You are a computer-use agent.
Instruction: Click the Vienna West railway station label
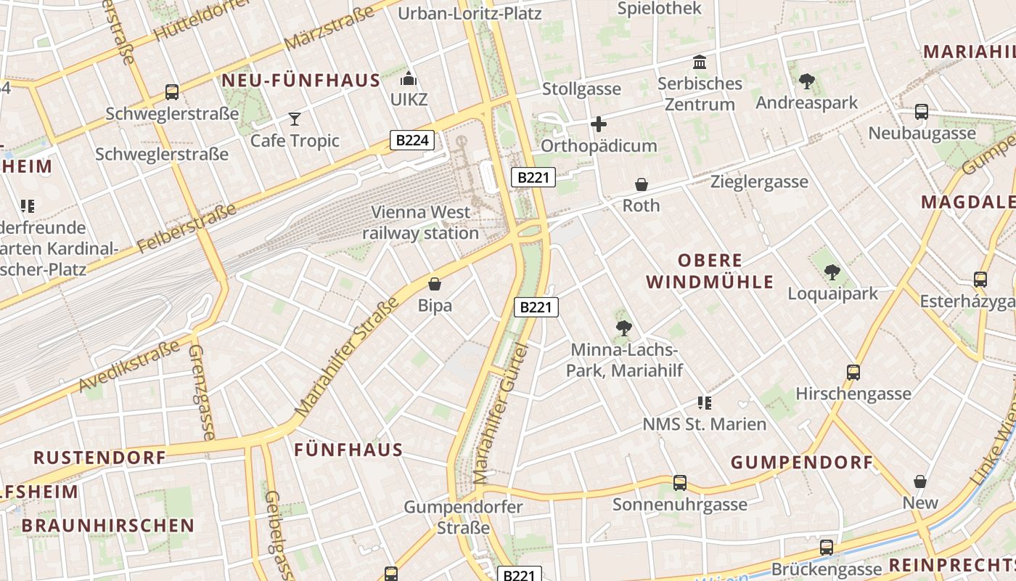pyautogui.click(x=421, y=223)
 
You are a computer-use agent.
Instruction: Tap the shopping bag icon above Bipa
pyautogui.click(x=435, y=284)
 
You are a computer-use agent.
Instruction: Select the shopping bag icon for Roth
pyautogui.click(x=642, y=184)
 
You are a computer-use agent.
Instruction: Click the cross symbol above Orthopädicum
pyautogui.click(x=599, y=124)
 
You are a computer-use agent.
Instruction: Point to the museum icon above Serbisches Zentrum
pyautogui.click(x=700, y=62)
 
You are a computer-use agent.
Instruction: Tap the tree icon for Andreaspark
pyautogui.click(x=806, y=81)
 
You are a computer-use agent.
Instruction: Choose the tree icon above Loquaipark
pyautogui.click(x=832, y=272)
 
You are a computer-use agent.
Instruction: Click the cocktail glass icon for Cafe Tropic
pyautogui.click(x=295, y=118)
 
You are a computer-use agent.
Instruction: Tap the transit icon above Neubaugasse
pyautogui.click(x=922, y=112)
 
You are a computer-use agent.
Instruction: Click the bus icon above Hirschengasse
pyautogui.click(x=853, y=373)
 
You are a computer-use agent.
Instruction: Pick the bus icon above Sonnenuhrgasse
pyautogui.click(x=680, y=483)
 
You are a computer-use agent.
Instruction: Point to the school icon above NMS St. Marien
pyautogui.click(x=704, y=402)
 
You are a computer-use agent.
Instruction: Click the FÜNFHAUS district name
pyautogui.click(x=348, y=450)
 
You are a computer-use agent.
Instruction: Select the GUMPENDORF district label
pyautogui.click(x=801, y=463)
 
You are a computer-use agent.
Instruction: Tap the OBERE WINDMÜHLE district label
pyautogui.click(x=710, y=272)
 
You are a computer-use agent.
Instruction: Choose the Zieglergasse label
pyautogui.click(x=759, y=182)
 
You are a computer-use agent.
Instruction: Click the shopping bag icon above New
pyautogui.click(x=920, y=482)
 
